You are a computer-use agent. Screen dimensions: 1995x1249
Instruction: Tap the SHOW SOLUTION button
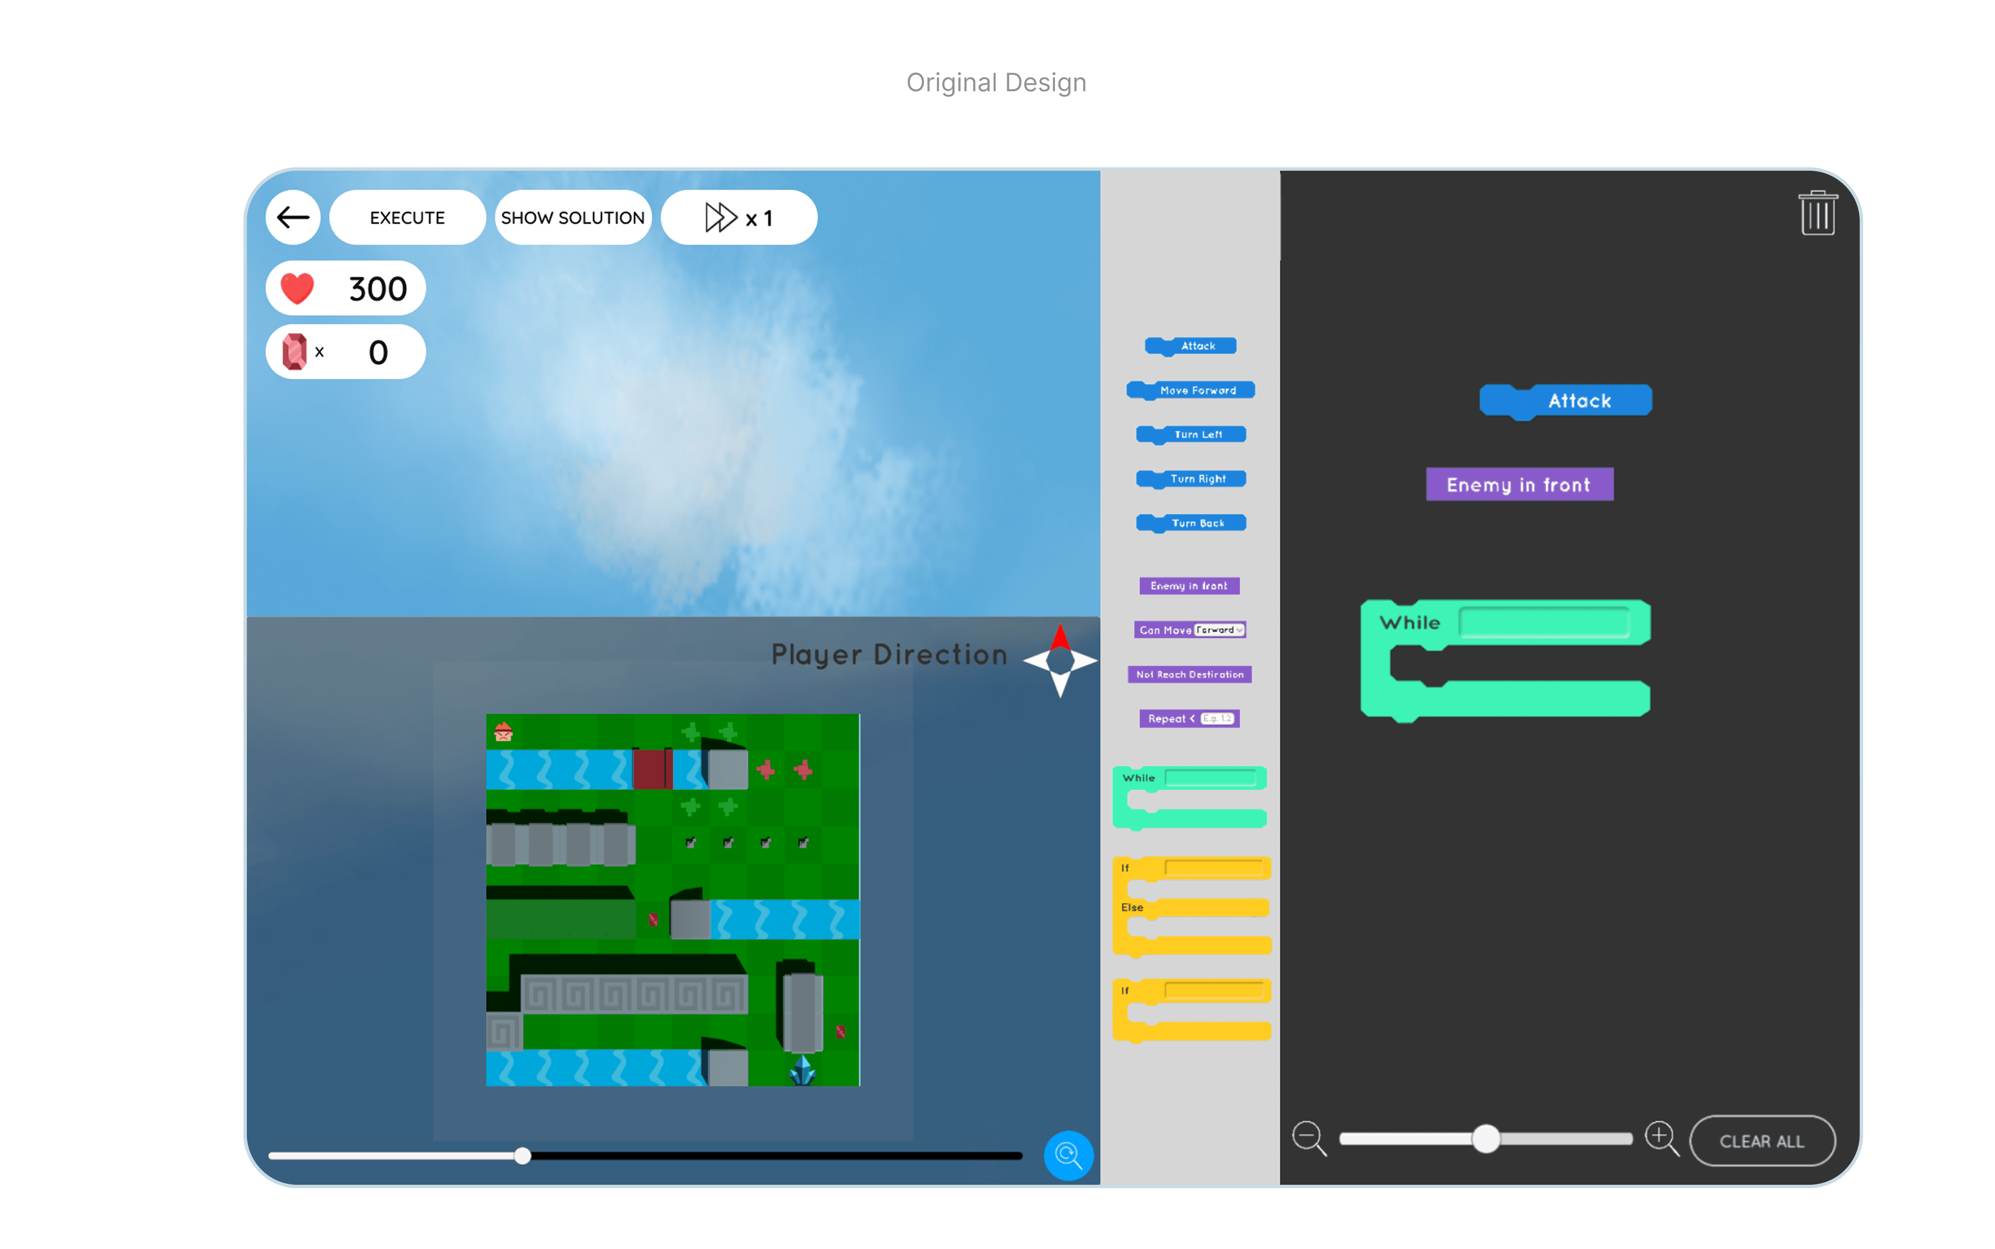click(x=572, y=217)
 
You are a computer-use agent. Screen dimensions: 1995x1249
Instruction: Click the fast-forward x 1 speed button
click(x=738, y=217)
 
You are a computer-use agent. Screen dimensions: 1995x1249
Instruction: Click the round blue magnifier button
click(x=1068, y=1155)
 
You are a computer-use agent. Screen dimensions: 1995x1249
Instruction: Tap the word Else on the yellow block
click(x=1132, y=907)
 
